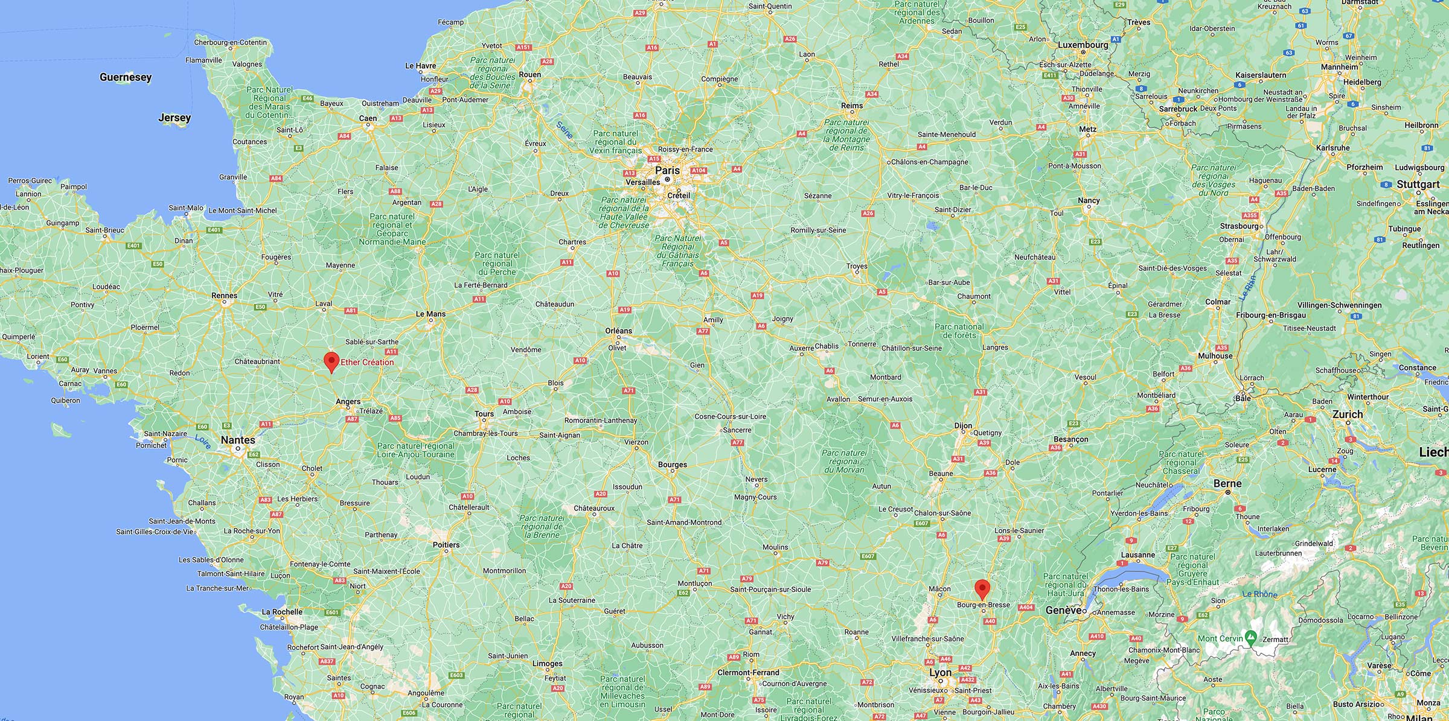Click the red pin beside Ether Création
click(x=331, y=361)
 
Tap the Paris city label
click(x=667, y=171)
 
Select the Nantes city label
click(x=238, y=440)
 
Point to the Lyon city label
click(x=940, y=672)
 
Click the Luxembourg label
click(x=1083, y=45)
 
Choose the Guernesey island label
click(x=126, y=77)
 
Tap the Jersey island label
click(x=174, y=118)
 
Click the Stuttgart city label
click(x=1418, y=184)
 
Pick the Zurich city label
click(x=1348, y=414)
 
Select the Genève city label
click(x=1063, y=610)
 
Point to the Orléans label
click(x=619, y=331)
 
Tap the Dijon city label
click(x=963, y=425)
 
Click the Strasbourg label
click(x=1239, y=226)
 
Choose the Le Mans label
click(x=431, y=314)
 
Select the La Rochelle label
click(x=282, y=612)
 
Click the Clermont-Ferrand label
click(x=748, y=673)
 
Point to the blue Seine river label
click(x=565, y=130)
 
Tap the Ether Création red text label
click(x=367, y=362)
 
